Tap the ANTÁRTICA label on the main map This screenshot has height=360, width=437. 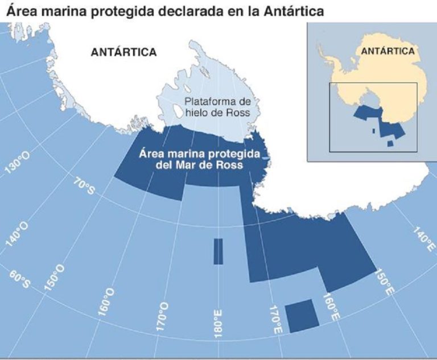click(x=123, y=52)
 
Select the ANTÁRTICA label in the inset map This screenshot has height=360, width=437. click(x=387, y=51)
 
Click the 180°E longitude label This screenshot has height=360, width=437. click(x=218, y=325)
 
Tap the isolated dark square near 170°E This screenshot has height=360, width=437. click(x=301, y=316)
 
